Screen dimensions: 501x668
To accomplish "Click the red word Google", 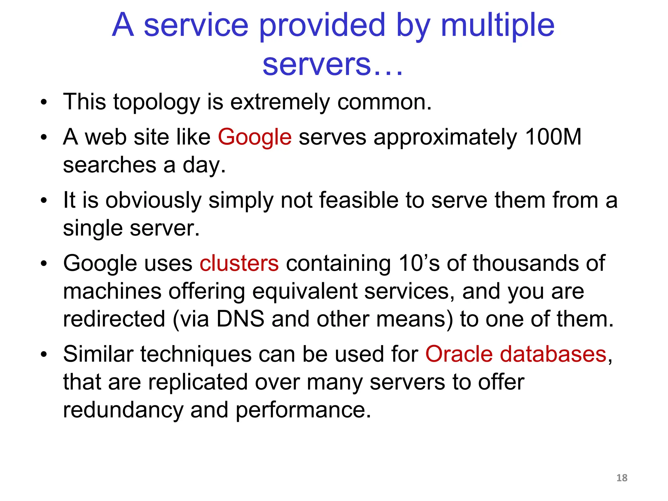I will (x=254, y=137).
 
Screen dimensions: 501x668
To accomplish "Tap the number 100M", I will (x=554, y=137).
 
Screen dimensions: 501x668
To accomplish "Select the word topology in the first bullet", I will (x=157, y=102).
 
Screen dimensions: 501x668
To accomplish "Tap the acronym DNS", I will (x=240, y=319).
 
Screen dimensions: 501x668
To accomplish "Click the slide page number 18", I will (x=622, y=478).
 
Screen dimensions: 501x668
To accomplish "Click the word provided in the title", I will (x=322, y=25).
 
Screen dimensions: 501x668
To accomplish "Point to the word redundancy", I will (x=123, y=410).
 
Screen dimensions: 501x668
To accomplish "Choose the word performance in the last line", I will (x=303, y=410).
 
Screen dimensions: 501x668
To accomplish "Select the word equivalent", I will (x=305, y=291).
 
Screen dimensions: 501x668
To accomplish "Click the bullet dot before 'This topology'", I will (x=44, y=103).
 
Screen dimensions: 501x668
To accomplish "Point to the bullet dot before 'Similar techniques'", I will (x=44, y=355).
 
